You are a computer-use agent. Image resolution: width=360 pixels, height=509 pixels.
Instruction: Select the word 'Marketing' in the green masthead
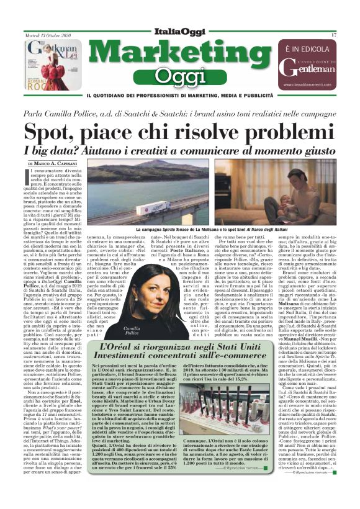(179, 54)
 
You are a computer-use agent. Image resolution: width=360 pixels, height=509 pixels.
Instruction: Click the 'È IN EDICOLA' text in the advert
(305, 48)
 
